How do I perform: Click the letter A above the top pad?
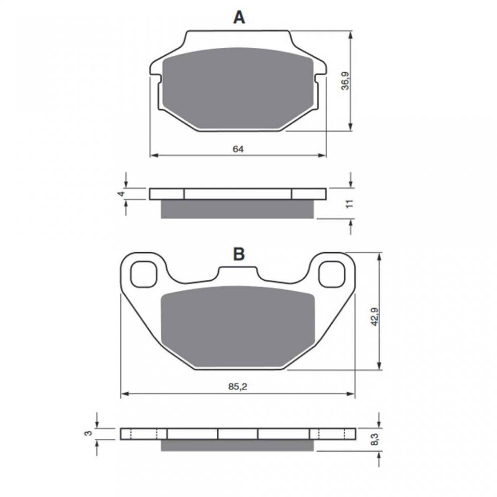(239, 17)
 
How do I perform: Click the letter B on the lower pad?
(239, 254)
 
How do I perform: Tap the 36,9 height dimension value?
(346, 81)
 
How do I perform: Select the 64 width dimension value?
(238, 149)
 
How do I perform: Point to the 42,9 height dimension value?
(375, 317)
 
